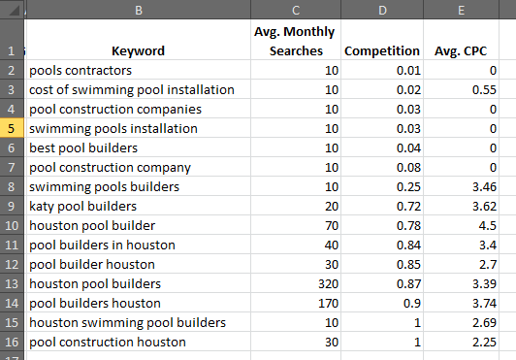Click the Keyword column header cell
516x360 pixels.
[138, 50]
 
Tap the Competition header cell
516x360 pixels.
[381, 50]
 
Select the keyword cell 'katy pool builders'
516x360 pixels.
[83, 206]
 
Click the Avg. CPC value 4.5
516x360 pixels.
[486, 225]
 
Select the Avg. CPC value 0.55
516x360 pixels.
[483, 89]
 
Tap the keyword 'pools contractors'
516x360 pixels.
[81, 70]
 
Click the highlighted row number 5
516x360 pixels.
[12, 128]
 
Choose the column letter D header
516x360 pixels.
[381, 11]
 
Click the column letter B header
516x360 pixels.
[138, 11]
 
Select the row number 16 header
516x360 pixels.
[12, 342]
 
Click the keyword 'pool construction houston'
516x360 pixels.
[108, 342]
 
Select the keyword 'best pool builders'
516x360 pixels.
[83, 147]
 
